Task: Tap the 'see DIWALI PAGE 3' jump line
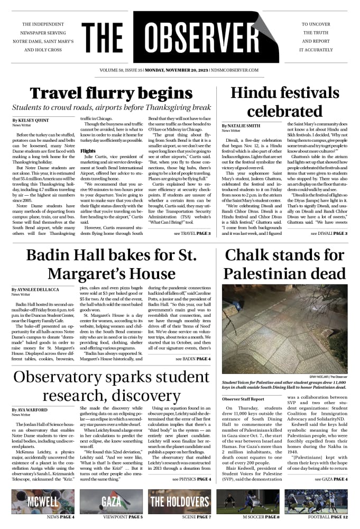pos(329,233)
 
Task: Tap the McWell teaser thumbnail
pos(43,501)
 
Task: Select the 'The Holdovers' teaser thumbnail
pos(180,501)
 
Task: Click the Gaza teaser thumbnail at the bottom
pos(111,501)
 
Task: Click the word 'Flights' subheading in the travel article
pos(88,151)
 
